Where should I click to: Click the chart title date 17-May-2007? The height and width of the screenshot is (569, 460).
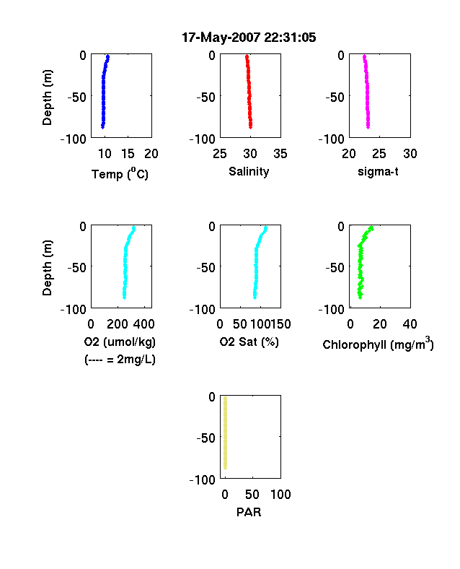(x=221, y=38)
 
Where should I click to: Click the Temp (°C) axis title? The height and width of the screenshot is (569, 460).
(x=120, y=174)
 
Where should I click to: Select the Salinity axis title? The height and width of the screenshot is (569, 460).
(x=249, y=172)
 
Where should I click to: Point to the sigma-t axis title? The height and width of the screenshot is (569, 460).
(x=378, y=171)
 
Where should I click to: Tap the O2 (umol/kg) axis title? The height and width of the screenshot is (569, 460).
(x=120, y=342)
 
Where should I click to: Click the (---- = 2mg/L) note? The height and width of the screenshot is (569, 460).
(x=120, y=360)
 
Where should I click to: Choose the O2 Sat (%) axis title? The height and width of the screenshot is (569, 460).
(x=249, y=342)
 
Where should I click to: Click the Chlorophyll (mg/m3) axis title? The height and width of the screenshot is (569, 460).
(x=378, y=343)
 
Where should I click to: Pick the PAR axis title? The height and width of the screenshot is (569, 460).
(x=249, y=512)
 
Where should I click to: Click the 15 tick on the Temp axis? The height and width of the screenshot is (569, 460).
(x=128, y=154)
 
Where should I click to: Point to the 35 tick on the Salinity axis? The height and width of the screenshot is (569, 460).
(x=280, y=154)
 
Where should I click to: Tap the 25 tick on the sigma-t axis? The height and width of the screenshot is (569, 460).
(x=379, y=154)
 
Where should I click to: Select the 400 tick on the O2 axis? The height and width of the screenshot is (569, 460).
(x=144, y=324)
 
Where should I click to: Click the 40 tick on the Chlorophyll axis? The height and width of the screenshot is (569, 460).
(x=410, y=324)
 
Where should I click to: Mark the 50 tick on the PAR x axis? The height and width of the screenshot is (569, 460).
(x=252, y=494)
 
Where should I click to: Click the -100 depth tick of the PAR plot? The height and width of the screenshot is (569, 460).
(x=203, y=479)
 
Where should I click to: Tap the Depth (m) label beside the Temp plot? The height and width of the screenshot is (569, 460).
(x=47, y=97)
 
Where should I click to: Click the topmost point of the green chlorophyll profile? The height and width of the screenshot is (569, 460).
(x=371, y=228)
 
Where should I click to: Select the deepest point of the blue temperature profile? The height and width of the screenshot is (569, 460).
(x=103, y=126)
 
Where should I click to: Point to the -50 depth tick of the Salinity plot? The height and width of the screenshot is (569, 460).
(x=205, y=97)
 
